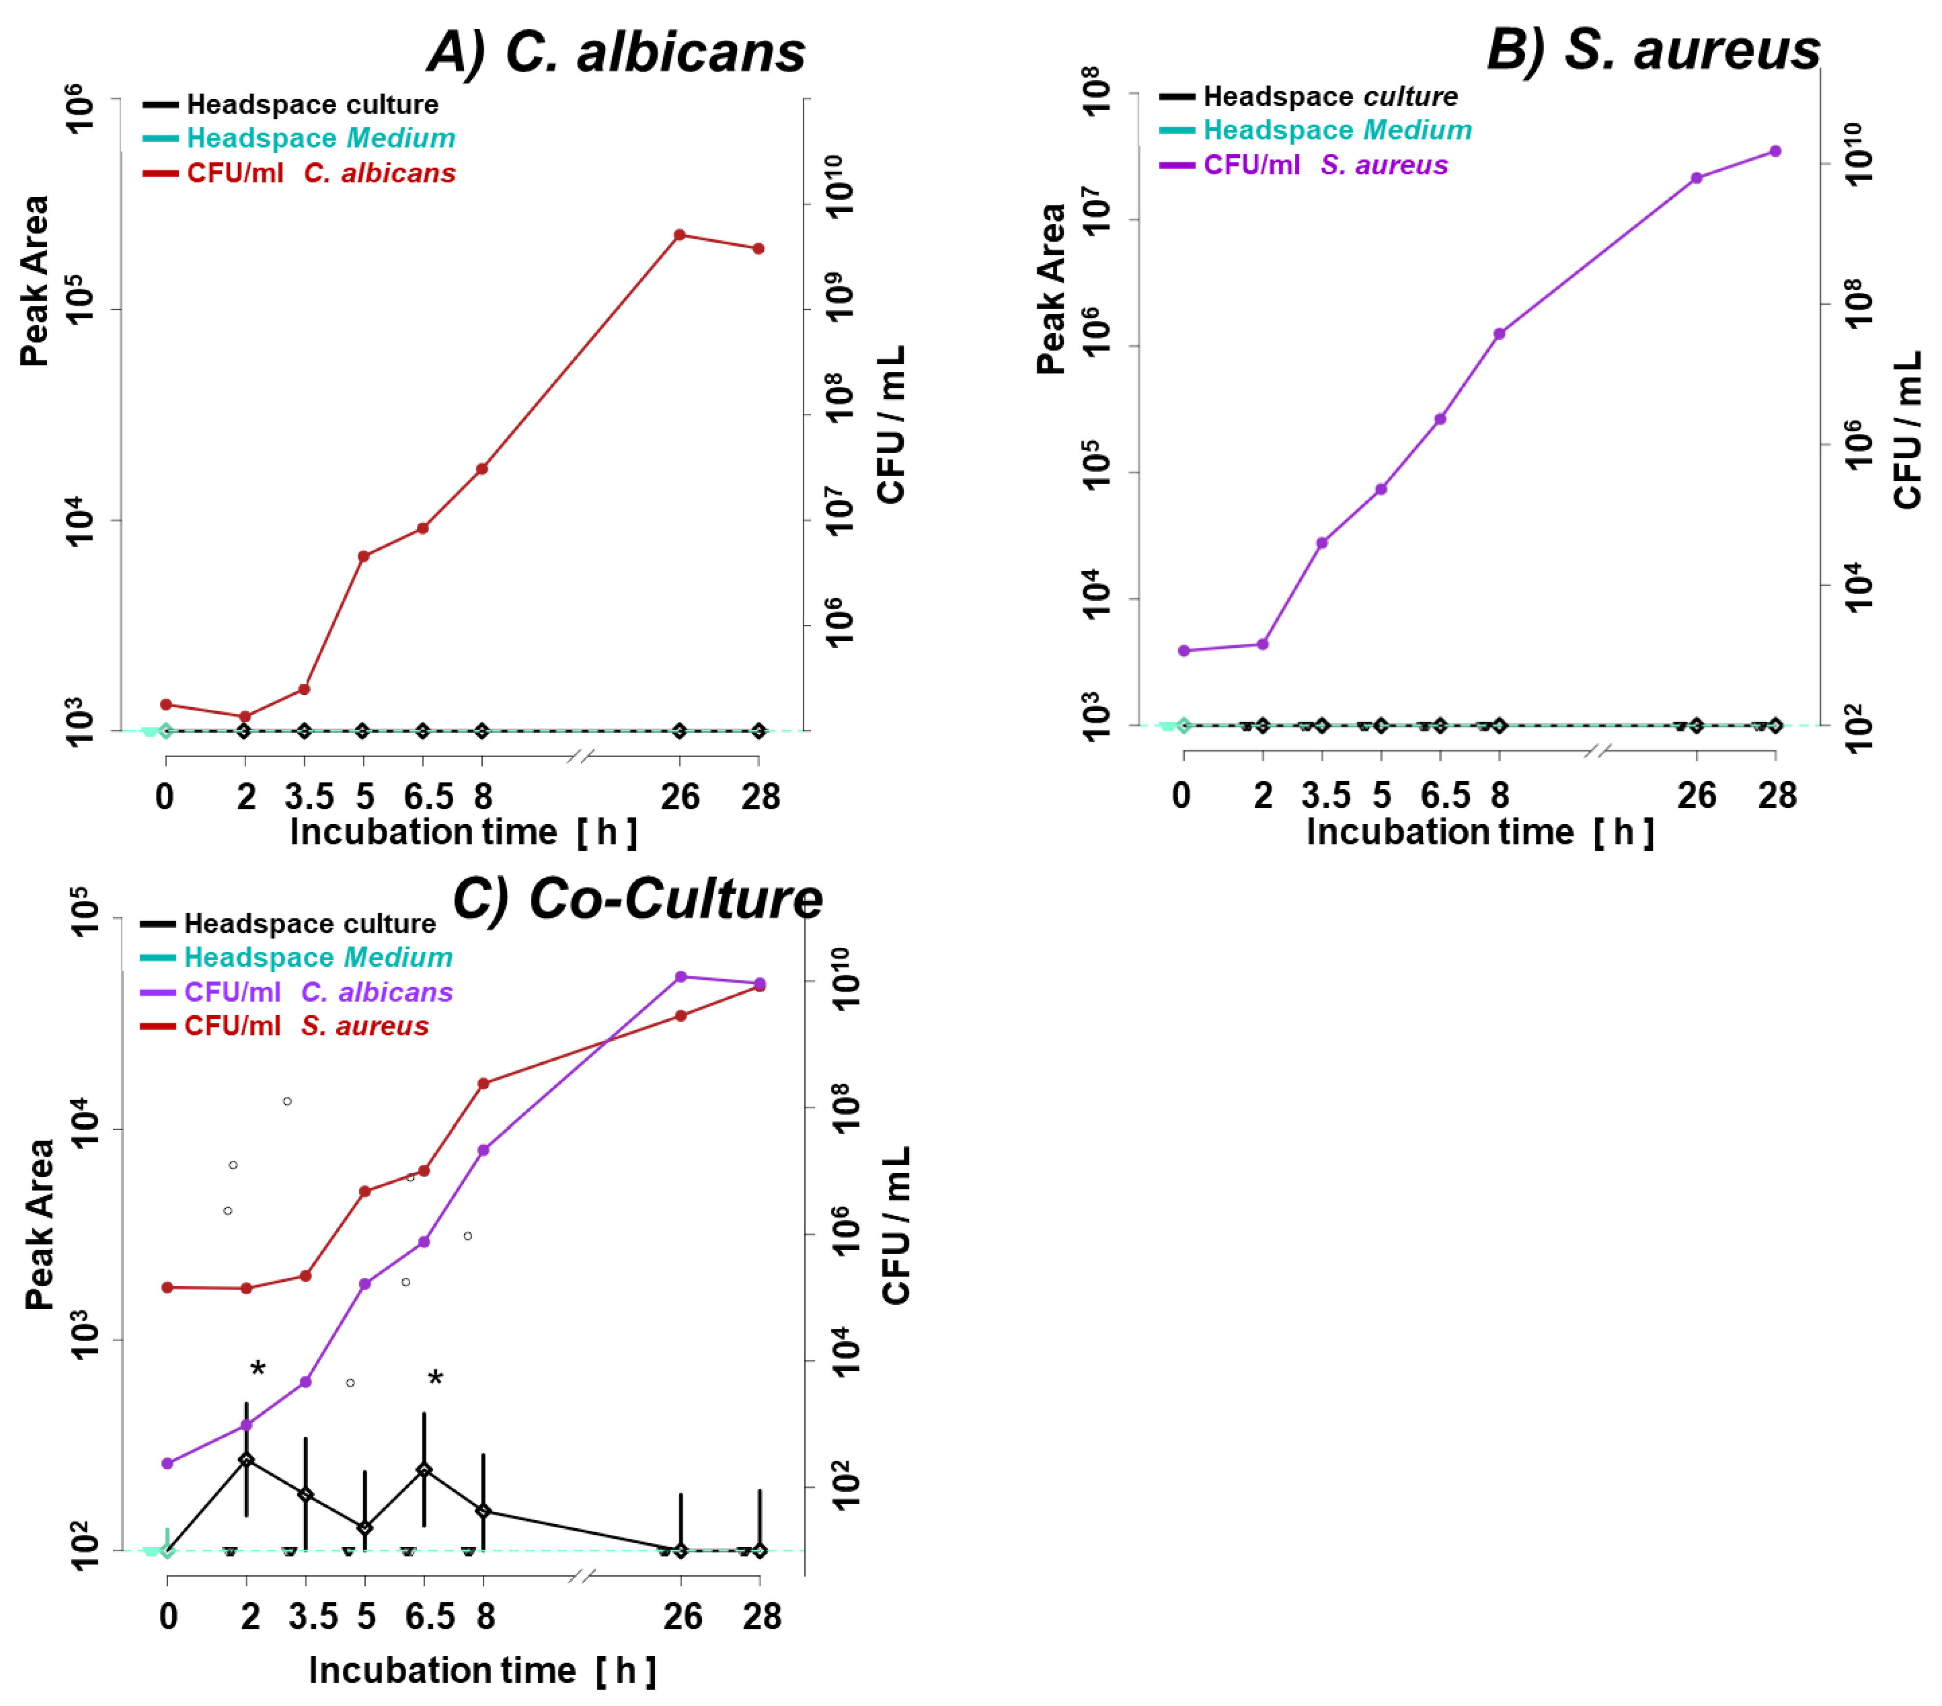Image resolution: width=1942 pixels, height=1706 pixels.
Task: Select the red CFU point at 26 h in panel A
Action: [x=680, y=235]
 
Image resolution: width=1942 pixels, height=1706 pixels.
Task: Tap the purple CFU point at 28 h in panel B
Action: [x=1775, y=151]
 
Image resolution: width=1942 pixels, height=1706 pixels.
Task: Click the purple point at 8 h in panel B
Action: [x=1499, y=334]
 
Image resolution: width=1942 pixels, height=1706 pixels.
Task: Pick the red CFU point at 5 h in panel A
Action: [x=363, y=556]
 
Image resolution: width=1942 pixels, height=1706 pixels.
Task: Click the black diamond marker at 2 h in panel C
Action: [x=246, y=1460]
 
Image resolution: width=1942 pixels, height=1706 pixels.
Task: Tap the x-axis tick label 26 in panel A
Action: [x=680, y=796]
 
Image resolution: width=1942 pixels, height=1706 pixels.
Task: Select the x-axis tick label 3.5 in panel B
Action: [x=1324, y=794]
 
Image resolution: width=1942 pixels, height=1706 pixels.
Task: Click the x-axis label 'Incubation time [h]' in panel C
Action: [x=482, y=1670]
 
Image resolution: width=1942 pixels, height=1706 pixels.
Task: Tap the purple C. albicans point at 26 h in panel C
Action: [x=680, y=976]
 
